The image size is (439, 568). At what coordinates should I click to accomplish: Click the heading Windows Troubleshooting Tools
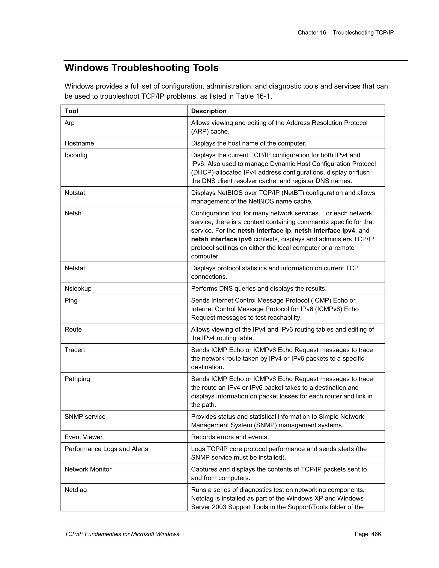point(141,68)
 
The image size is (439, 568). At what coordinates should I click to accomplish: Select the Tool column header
point(71,111)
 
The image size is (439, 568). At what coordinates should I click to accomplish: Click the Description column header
point(209,111)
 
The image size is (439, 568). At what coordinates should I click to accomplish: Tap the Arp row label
point(69,123)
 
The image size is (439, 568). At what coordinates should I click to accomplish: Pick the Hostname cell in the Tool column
point(79,143)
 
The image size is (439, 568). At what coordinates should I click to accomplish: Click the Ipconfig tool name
point(76,155)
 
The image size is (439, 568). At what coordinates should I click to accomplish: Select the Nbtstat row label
point(75,193)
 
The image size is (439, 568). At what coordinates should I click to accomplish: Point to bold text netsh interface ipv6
point(221,239)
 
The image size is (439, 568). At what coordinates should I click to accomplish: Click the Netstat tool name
point(75,268)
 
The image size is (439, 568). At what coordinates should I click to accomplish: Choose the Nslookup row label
point(78,289)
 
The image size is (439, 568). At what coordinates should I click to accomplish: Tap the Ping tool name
point(71,300)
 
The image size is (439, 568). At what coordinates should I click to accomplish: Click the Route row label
point(73,329)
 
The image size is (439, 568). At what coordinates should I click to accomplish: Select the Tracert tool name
point(75,350)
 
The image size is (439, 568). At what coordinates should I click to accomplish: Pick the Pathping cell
point(77,379)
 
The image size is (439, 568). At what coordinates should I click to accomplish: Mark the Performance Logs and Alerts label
point(106,449)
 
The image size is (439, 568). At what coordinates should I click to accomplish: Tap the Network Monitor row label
point(88,469)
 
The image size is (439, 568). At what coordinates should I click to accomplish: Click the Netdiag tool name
point(75,490)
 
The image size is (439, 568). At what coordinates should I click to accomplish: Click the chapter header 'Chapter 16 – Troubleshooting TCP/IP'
point(345,33)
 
